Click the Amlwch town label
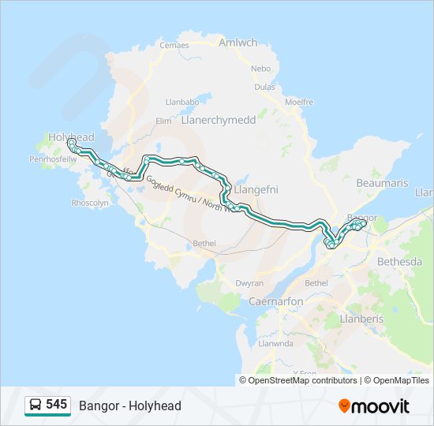pyautogui.click(x=238, y=43)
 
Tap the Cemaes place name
pyautogui.click(x=174, y=45)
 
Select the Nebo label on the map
pyautogui.click(x=261, y=69)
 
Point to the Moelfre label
pyautogui.click(x=299, y=102)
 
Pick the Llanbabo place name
pyautogui.click(x=182, y=102)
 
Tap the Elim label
pyautogui.click(x=163, y=121)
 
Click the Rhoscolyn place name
pyautogui.click(x=90, y=202)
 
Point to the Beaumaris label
pyautogui.click(x=382, y=183)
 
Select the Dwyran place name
pyautogui.click(x=249, y=282)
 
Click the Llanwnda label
pyautogui.click(x=276, y=343)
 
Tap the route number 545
pyautogui.click(x=56, y=405)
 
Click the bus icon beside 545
pyautogui.click(x=36, y=405)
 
